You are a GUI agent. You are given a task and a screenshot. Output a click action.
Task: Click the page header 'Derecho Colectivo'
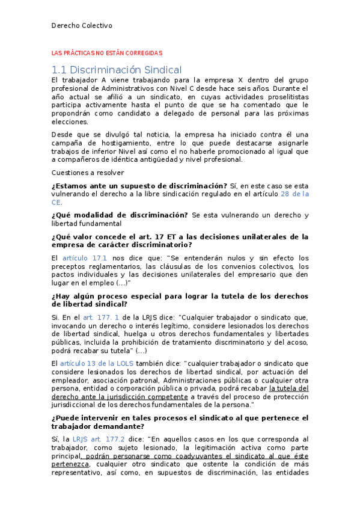(82, 25)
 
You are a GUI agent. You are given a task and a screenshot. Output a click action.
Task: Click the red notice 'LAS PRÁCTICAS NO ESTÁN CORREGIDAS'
(107, 54)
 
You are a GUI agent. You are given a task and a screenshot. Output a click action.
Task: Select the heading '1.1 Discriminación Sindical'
(117, 70)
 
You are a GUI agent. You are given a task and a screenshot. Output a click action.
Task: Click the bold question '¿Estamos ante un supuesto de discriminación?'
(139, 185)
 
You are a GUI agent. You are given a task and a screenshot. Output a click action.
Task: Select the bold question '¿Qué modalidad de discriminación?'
(120, 215)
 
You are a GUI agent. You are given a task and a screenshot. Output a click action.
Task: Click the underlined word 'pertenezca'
(71, 464)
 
